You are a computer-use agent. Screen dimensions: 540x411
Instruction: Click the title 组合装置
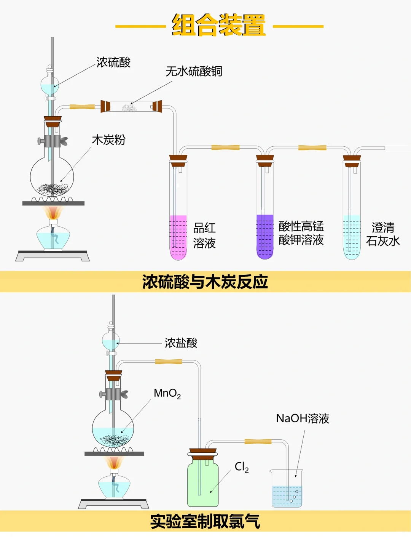click(x=219, y=26)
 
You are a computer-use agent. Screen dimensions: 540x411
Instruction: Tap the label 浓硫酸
click(x=113, y=62)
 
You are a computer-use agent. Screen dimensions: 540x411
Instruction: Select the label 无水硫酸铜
click(x=194, y=71)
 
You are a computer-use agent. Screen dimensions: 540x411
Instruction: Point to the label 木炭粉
click(x=108, y=140)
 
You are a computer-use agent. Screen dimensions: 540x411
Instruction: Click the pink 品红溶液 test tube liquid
click(x=178, y=236)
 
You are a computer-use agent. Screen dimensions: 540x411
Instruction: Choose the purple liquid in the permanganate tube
click(x=265, y=236)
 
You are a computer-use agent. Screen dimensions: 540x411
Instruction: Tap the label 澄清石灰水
click(x=383, y=234)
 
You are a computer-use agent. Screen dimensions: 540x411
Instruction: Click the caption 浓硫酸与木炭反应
click(x=205, y=282)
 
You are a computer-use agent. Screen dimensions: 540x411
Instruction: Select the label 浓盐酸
click(x=181, y=343)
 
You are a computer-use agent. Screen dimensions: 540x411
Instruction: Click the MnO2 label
click(x=167, y=393)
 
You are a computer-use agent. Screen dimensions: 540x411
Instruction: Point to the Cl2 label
click(x=242, y=467)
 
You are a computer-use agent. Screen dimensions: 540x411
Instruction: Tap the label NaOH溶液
click(x=303, y=418)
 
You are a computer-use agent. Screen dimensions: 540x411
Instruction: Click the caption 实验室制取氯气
click(x=205, y=521)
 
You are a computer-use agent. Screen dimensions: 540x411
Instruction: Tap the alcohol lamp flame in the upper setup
click(x=53, y=212)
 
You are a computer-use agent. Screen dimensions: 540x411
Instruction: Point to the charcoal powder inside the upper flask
click(x=53, y=188)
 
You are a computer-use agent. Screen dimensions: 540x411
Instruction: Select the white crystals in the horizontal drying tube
click(x=129, y=108)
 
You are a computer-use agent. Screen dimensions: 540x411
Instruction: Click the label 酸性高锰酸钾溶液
click(x=301, y=233)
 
